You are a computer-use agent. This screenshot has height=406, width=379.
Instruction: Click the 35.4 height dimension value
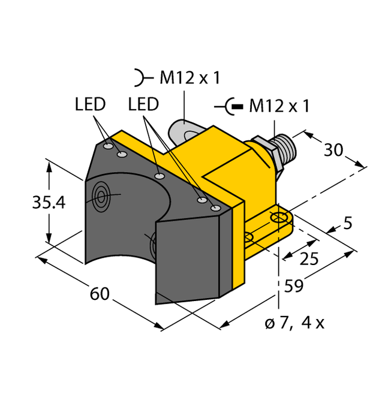48,203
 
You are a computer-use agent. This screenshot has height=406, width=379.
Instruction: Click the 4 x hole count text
312,323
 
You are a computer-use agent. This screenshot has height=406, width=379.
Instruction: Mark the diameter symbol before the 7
269,324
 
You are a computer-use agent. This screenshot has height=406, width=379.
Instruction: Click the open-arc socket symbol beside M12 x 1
140,77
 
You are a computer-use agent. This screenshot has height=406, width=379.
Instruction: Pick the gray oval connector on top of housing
179,128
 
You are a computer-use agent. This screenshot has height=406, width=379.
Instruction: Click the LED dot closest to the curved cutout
160,176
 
